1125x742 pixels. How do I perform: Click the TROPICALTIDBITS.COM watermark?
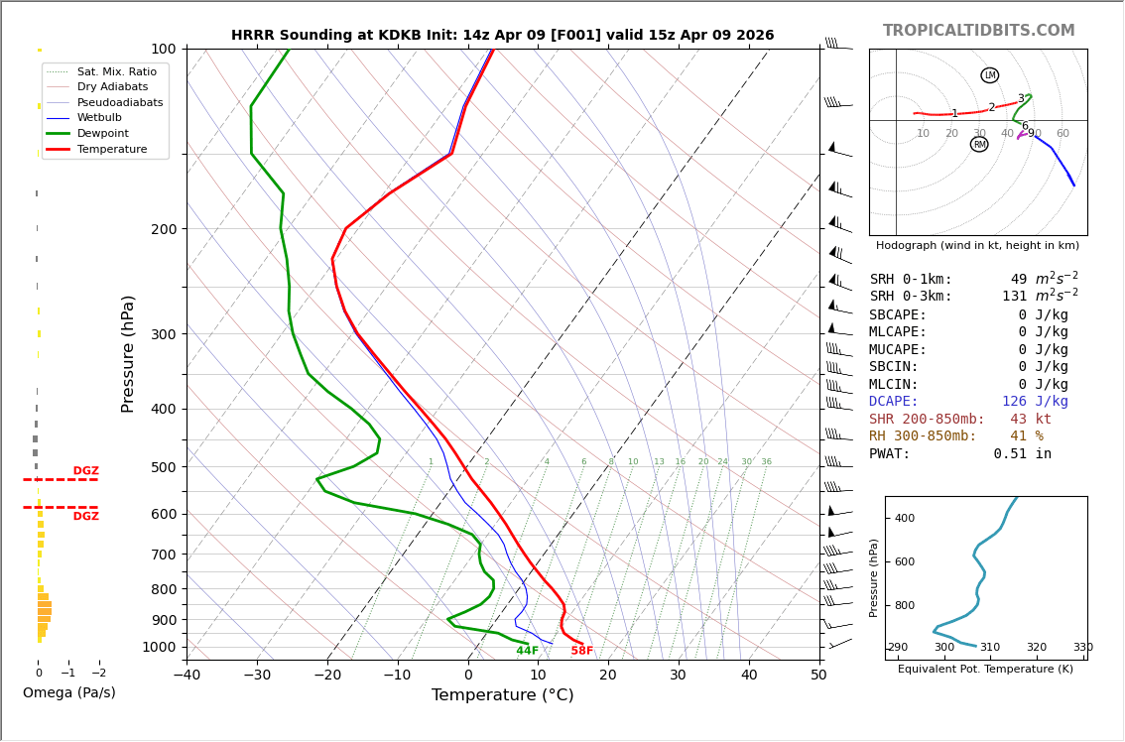click(x=978, y=31)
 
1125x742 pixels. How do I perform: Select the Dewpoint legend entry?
click(x=104, y=133)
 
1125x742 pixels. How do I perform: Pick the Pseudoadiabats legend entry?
click(x=120, y=102)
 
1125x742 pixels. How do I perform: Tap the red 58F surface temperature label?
click(x=581, y=651)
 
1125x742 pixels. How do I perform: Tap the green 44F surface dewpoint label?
click(x=527, y=651)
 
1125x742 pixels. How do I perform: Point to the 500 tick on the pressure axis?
click(x=163, y=467)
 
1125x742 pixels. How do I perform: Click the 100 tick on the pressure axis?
click(x=163, y=49)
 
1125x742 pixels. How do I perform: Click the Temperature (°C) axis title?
click(x=502, y=695)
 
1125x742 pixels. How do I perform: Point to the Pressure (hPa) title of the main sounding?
click(x=128, y=353)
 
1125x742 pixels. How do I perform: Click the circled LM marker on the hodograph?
click(x=989, y=75)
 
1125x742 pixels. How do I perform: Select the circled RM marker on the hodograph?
click(x=979, y=145)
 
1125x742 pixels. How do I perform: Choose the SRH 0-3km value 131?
click(x=1014, y=297)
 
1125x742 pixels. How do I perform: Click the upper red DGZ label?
click(x=85, y=471)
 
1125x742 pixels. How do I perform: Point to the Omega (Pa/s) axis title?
click(x=68, y=692)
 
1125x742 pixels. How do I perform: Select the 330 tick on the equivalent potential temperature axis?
click(x=1081, y=648)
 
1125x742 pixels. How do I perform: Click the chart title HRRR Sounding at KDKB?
click(x=502, y=36)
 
